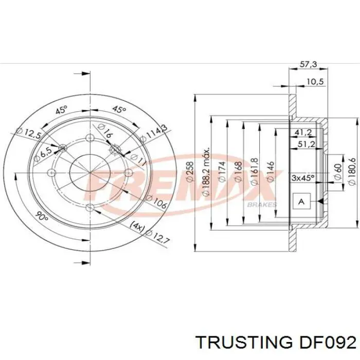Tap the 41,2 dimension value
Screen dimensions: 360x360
point(302,133)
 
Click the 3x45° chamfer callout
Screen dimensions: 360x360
point(303,178)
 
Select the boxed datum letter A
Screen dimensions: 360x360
point(302,202)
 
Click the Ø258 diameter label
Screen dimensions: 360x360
point(189,172)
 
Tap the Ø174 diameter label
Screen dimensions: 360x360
point(222,172)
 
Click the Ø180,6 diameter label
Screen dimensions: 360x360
point(351,170)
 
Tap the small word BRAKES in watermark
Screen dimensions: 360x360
point(262,204)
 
